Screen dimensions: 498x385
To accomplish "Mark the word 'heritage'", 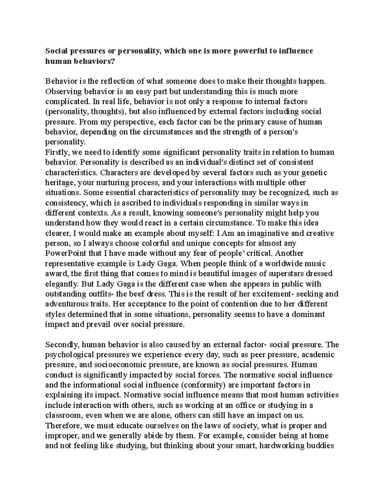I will (x=60, y=183).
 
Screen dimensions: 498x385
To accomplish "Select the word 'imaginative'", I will (x=261, y=233).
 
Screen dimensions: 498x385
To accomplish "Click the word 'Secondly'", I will (x=62, y=345).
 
